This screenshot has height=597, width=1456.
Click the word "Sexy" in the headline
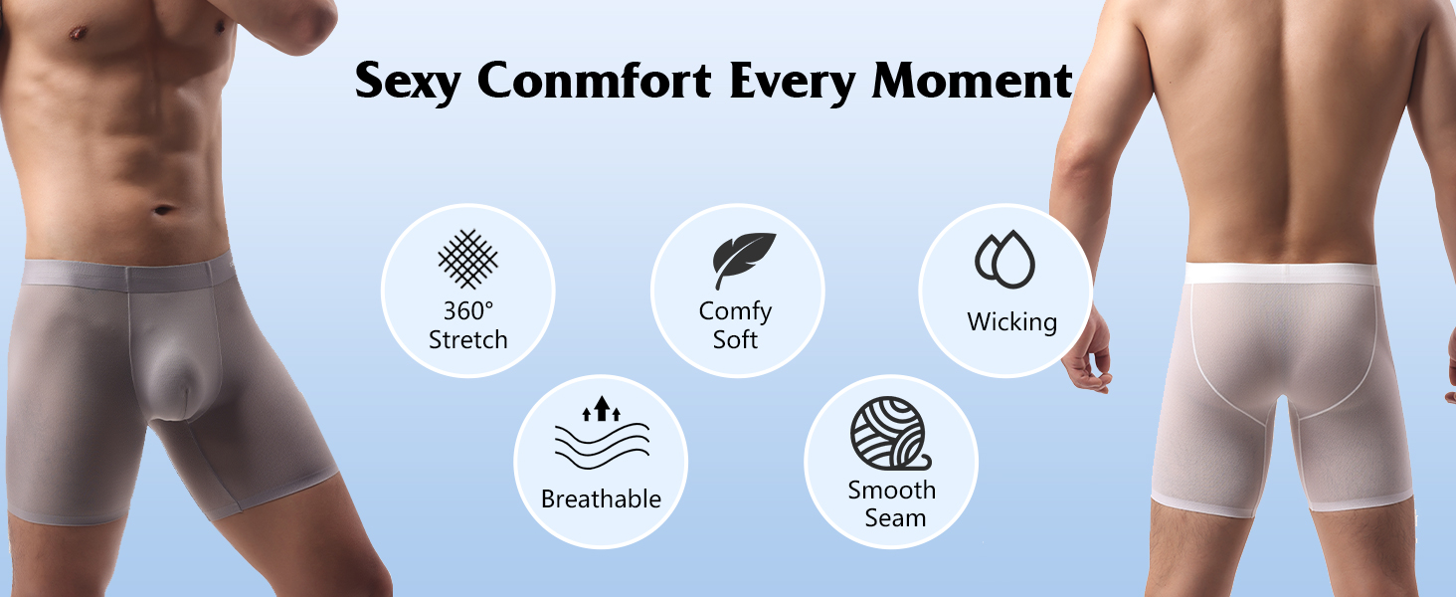click(x=408, y=81)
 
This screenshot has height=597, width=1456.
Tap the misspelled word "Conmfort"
click(x=594, y=81)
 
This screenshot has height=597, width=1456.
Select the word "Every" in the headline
click(x=793, y=82)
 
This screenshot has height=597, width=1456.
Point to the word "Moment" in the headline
click(x=972, y=81)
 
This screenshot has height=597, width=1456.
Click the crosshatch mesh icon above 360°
click(x=468, y=259)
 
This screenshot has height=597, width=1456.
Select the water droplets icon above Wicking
click(x=1004, y=259)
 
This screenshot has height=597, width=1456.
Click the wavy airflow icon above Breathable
click(x=602, y=433)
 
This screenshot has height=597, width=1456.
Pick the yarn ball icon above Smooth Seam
click(x=890, y=433)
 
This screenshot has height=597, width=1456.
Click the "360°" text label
click(x=468, y=310)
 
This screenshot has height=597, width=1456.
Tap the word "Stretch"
click(x=468, y=339)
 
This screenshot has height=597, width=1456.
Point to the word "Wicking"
click(x=1012, y=322)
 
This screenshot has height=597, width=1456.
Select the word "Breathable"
click(x=602, y=498)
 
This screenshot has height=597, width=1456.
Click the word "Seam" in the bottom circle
click(x=895, y=518)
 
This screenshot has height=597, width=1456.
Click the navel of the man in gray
click(x=164, y=210)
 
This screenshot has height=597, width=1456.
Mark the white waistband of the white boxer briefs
click(x=1281, y=274)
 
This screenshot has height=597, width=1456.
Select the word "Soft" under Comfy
click(x=735, y=339)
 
